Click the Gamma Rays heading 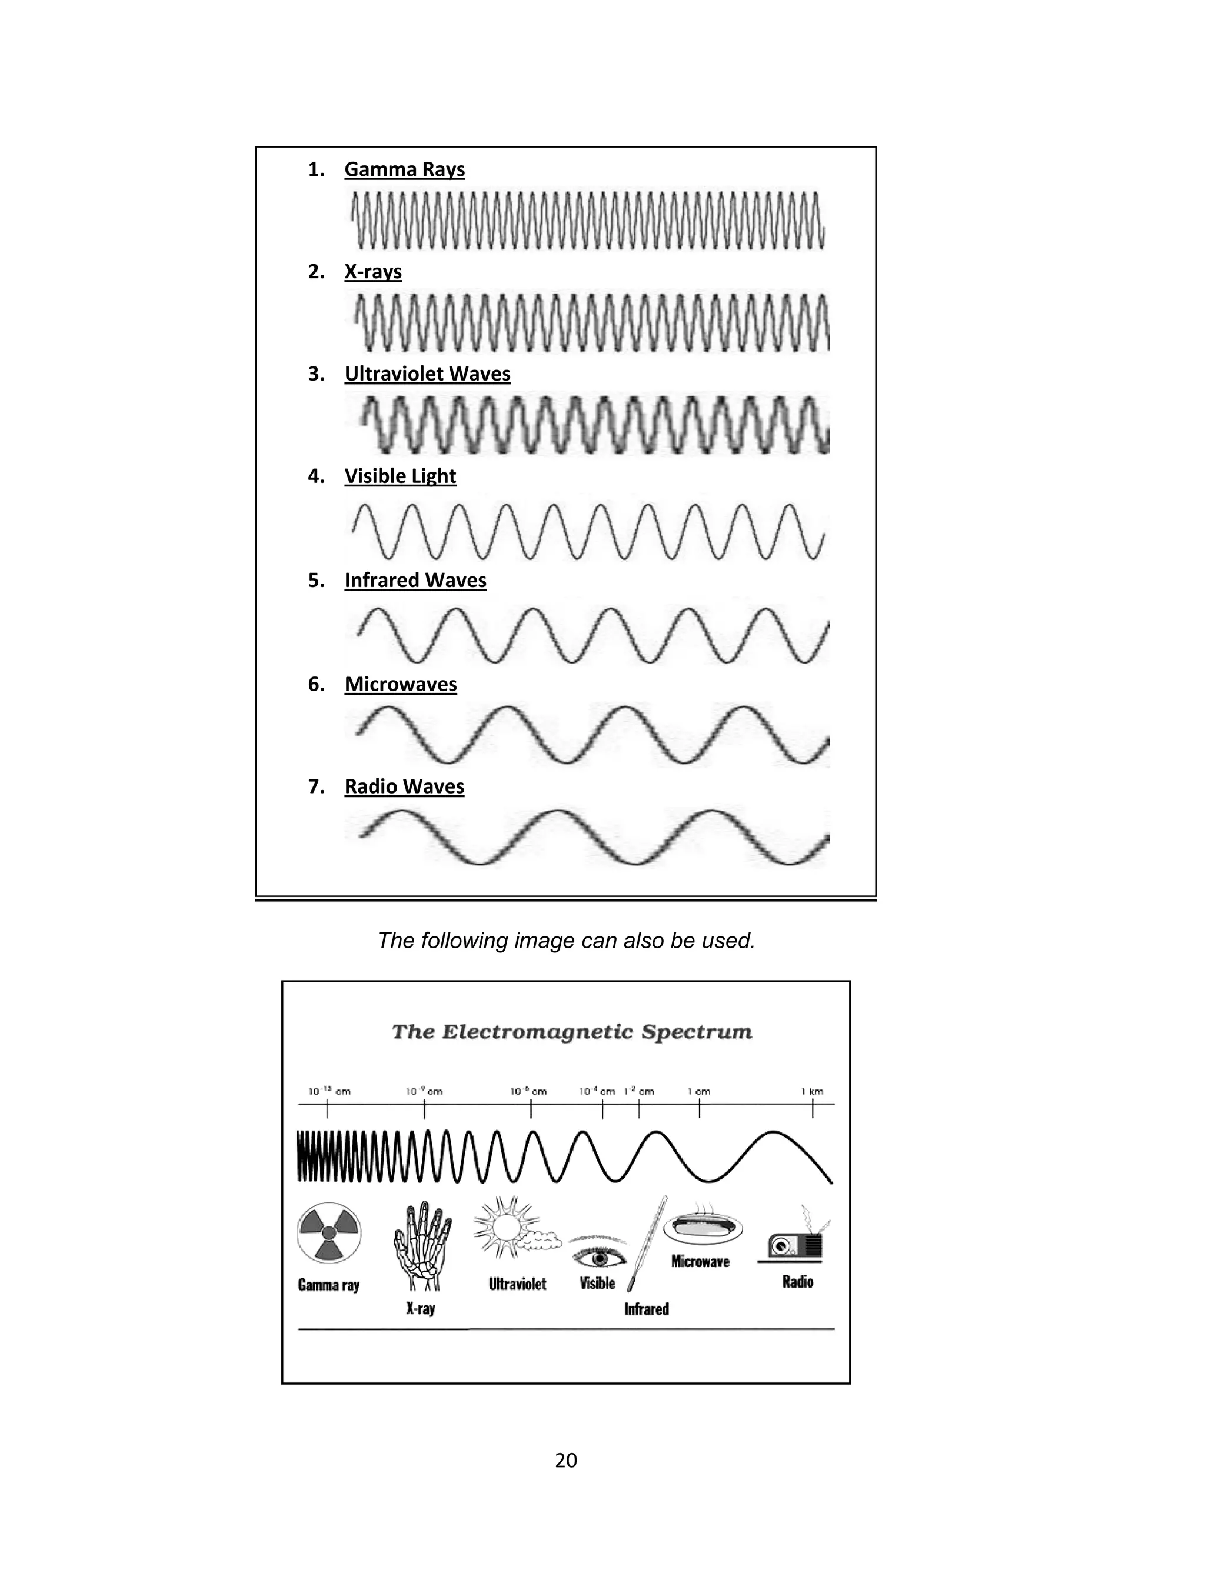click(405, 170)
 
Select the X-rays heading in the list click(373, 272)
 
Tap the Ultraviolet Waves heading click(428, 374)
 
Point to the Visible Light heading click(400, 476)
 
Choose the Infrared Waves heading click(415, 581)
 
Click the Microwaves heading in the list click(400, 685)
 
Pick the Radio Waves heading click(405, 787)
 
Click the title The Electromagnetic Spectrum click(572, 1032)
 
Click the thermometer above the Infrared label click(648, 1242)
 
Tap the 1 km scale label click(812, 1092)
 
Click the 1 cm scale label click(698, 1092)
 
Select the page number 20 click(566, 1461)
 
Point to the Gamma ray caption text click(328, 1285)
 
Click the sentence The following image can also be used click(566, 941)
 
